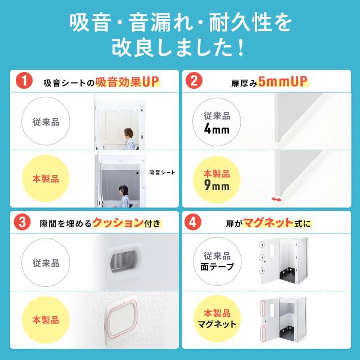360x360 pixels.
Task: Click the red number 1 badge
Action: [x=24, y=80]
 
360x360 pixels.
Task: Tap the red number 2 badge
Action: [x=194, y=80]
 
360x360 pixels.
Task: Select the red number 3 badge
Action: [x=22, y=222]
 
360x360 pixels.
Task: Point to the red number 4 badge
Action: [x=193, y=222]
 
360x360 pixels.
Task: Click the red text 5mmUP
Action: [x=282, y=82]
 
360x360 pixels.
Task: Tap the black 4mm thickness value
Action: [x=217, y=129]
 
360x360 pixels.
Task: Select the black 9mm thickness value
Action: [x=217, y=186]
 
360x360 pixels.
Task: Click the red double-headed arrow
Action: [x=276, y=199]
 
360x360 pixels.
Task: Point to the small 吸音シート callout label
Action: [x=162, y=173]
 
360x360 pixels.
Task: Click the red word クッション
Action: [x=118, y=223]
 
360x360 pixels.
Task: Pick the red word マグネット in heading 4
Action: [x=268, y=223]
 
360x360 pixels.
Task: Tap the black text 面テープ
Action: [x=217, y=267]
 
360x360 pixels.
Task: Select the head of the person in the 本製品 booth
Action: [x=124, y=190]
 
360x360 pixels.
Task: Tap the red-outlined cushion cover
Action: [x=123, y=319]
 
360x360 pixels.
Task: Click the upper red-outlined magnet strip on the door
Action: [x=263, y=308]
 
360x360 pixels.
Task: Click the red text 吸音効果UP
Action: [x=127, y=82]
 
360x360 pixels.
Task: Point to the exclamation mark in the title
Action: [x=241, y=47]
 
